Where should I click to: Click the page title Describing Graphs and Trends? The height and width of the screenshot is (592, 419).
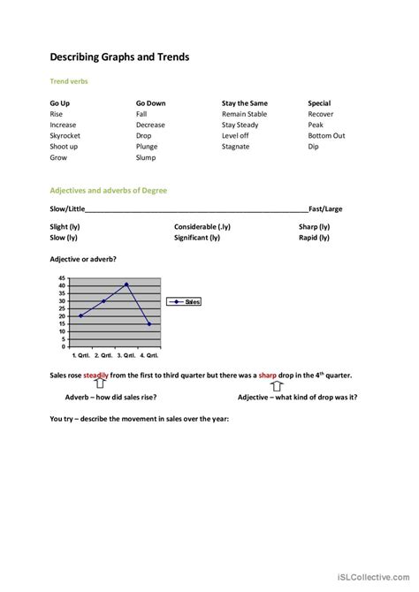[119, 57]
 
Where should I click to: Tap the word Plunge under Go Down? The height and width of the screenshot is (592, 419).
[147, 147]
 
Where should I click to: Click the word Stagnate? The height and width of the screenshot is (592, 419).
[237, 147]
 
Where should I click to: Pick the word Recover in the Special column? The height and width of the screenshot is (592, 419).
[321, 114]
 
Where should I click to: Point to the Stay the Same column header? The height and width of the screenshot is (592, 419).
[244, 103]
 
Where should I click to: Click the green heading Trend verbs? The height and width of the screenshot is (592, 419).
[69, 81]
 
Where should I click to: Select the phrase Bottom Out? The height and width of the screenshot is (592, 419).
[326, 136]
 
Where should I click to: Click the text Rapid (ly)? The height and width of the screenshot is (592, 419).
[314, 237]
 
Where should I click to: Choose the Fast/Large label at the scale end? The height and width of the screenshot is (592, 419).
[325, 209]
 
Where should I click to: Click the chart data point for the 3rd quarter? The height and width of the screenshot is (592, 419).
[126, 285]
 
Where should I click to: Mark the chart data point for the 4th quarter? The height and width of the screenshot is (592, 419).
[149, 323]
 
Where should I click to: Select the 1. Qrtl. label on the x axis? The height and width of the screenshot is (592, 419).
[83, 354]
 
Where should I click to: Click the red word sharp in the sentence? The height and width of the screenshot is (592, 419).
[269, 376]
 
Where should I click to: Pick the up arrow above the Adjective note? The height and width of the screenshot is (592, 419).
[276, 386]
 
